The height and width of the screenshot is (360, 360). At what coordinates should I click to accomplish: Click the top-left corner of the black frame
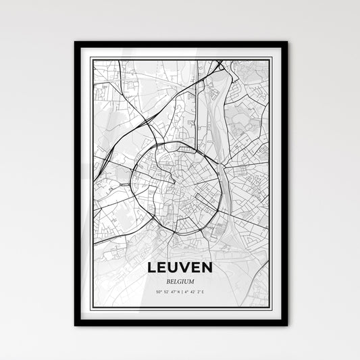click(x=76, y=43)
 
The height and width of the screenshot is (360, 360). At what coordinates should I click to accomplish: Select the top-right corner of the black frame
click(x=286, y=43)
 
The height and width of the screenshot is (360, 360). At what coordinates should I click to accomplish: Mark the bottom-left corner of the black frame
click(x=76, y=324)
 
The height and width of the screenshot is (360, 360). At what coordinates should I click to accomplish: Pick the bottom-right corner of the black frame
click(x=286, y=324)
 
